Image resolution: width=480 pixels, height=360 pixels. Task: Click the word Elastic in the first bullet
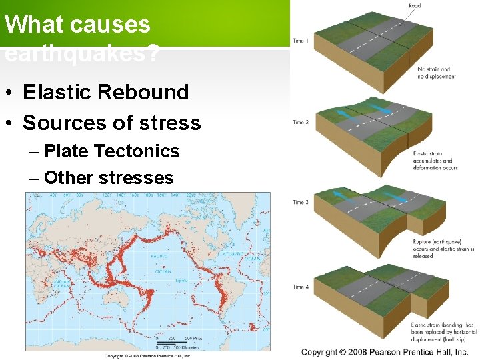pyautogui.click(x=59, y=92)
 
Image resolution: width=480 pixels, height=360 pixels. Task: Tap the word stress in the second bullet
pyautogui.click(x=175, y=123)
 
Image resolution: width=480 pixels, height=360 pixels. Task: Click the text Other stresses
pyautogui.click(x=109, y=178)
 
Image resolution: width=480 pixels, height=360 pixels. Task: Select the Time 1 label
pyautogui.click(x=300, y=41)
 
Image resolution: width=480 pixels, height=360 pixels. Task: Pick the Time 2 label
pyautogui.click(x=300, y=123)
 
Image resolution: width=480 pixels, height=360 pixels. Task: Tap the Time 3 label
pyautogui.click(x=300, y=203)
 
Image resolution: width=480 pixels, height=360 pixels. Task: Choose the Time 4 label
pyautogui.click(x=300, y=287)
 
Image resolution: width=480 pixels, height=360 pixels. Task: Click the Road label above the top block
pyautogui.click(x=414, y=6)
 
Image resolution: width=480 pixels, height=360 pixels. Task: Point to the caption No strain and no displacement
pyautogui.click(x=437, y=73)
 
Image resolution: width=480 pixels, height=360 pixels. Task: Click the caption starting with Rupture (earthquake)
pyautogui.click(x=443, y=249)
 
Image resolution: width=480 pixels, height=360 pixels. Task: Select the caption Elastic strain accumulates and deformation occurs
pyautogui.click(x=434, y=161)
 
